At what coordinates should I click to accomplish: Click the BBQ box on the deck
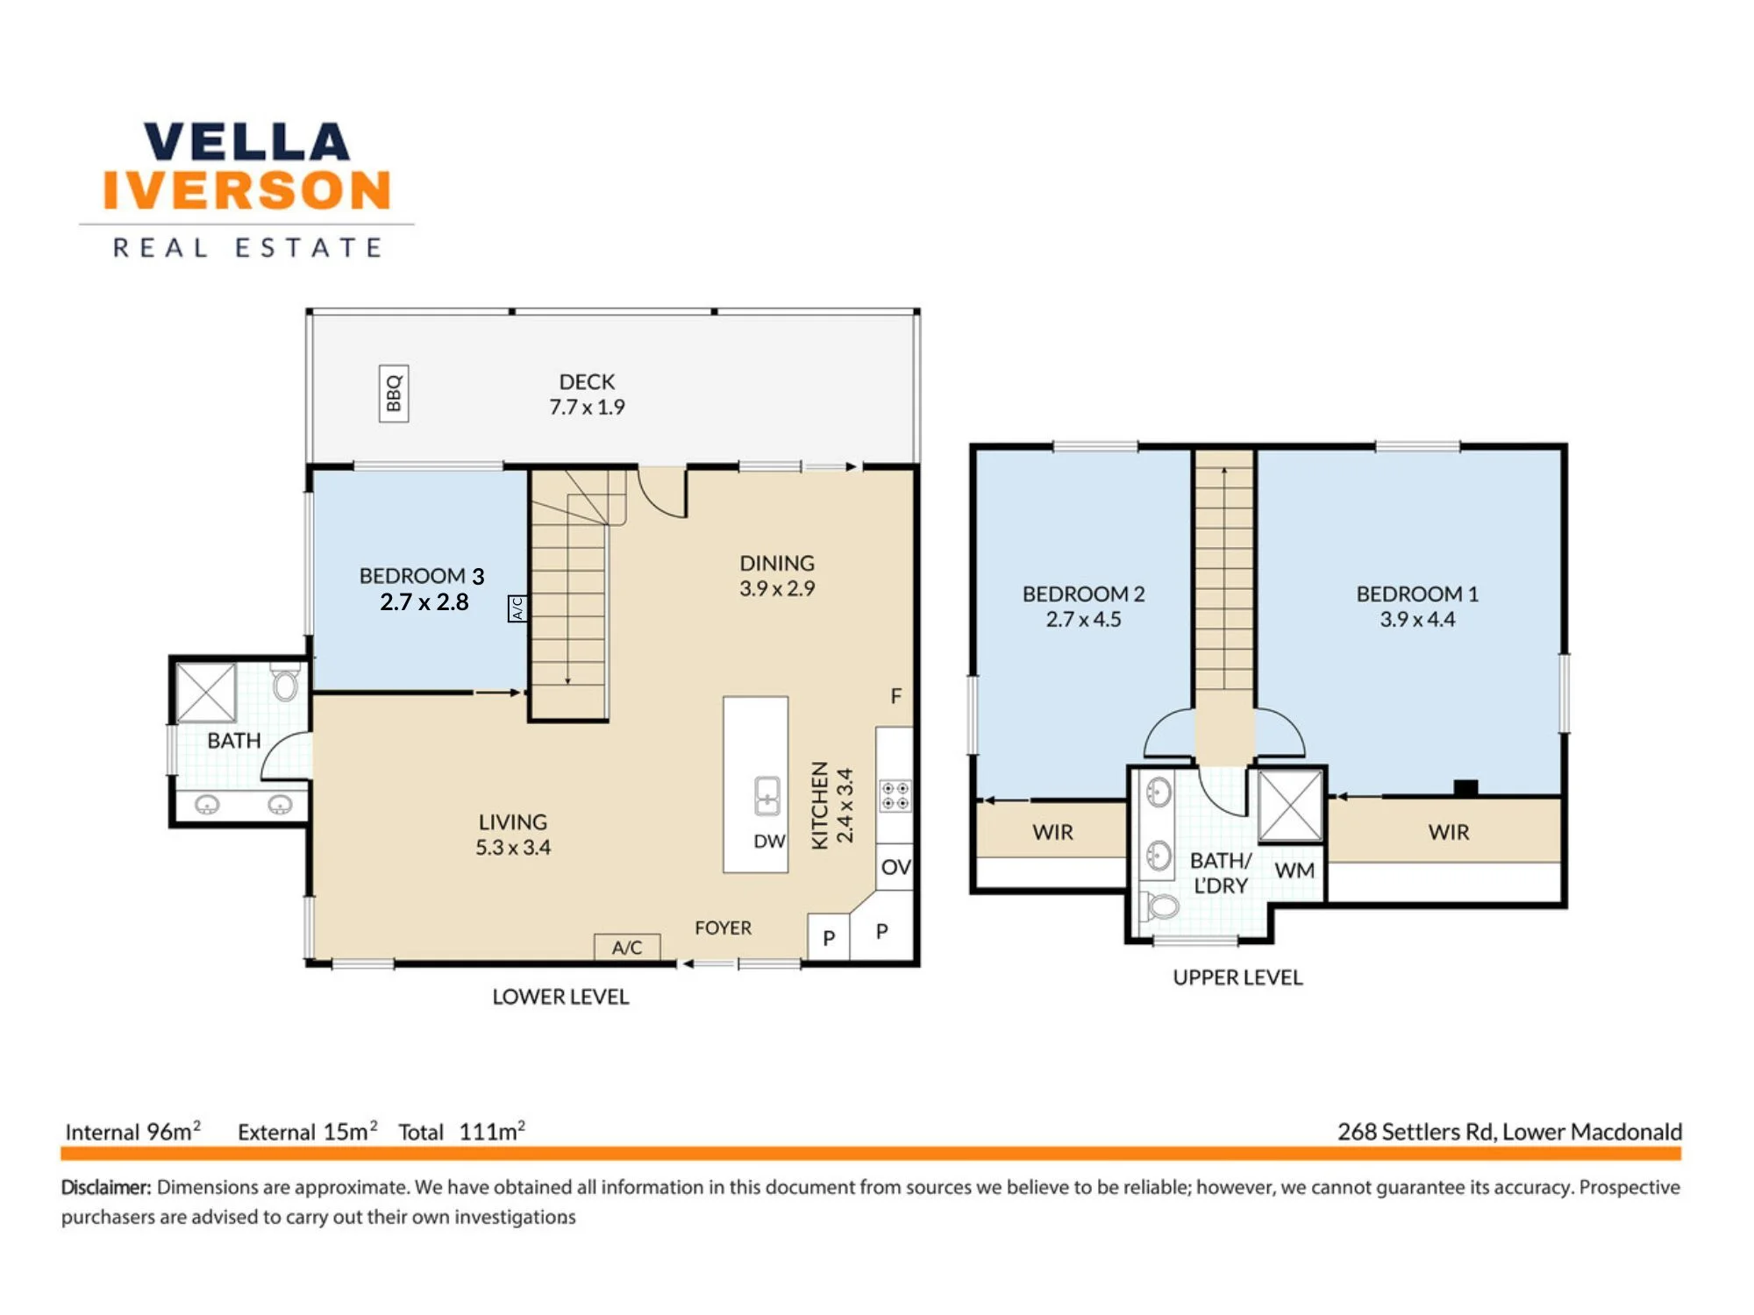click(394, 394)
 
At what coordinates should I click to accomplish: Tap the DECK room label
click(587, 382)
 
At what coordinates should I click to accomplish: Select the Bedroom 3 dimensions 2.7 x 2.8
click(424, 602)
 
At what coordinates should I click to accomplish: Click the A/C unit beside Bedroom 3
click(517, 608)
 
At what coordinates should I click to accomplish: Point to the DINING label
click(777, 564)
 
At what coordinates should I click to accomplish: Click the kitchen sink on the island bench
click(767, 796)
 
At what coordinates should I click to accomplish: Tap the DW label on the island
click(769, 842)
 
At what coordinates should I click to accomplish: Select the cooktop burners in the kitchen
click(895, 796)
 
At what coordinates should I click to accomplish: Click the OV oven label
click(895, 867)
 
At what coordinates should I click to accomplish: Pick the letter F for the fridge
click(895, 696)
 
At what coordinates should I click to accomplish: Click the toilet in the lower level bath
click(285, 682)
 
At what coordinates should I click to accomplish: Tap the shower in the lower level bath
click(206, 693)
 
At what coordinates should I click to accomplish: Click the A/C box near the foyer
click(627, 948)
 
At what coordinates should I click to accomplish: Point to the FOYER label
click(723, 928)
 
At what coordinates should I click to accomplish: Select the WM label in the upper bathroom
click(1294, 871)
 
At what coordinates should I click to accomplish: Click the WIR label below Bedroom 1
click(1448, 832)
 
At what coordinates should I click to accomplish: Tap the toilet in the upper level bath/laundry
click(1161, 906)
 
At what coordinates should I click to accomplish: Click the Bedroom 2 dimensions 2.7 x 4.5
click(1083, 620)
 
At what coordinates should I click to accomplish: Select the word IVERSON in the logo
click(246, 190)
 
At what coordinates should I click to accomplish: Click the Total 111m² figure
click(462, 1131)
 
